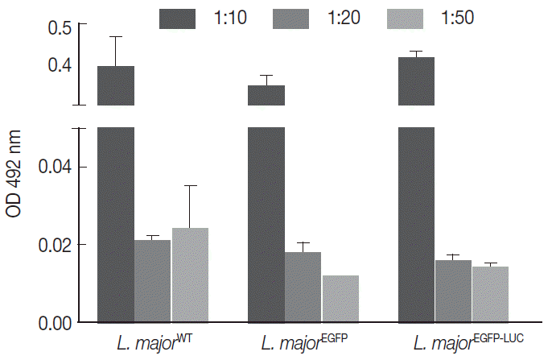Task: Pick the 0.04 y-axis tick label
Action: [56, 168]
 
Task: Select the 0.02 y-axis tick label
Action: [56, 245]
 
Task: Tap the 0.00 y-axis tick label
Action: [56, 322]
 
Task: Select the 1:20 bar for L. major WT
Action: [152, 280]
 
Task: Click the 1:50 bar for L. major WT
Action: [190, 275]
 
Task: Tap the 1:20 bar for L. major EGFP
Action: [303, 287]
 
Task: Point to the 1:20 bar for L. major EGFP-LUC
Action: [453, 291]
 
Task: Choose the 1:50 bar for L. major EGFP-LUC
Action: [491, 294]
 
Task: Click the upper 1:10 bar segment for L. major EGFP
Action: [266, 95]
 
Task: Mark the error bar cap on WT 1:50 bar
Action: [190, 186]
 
